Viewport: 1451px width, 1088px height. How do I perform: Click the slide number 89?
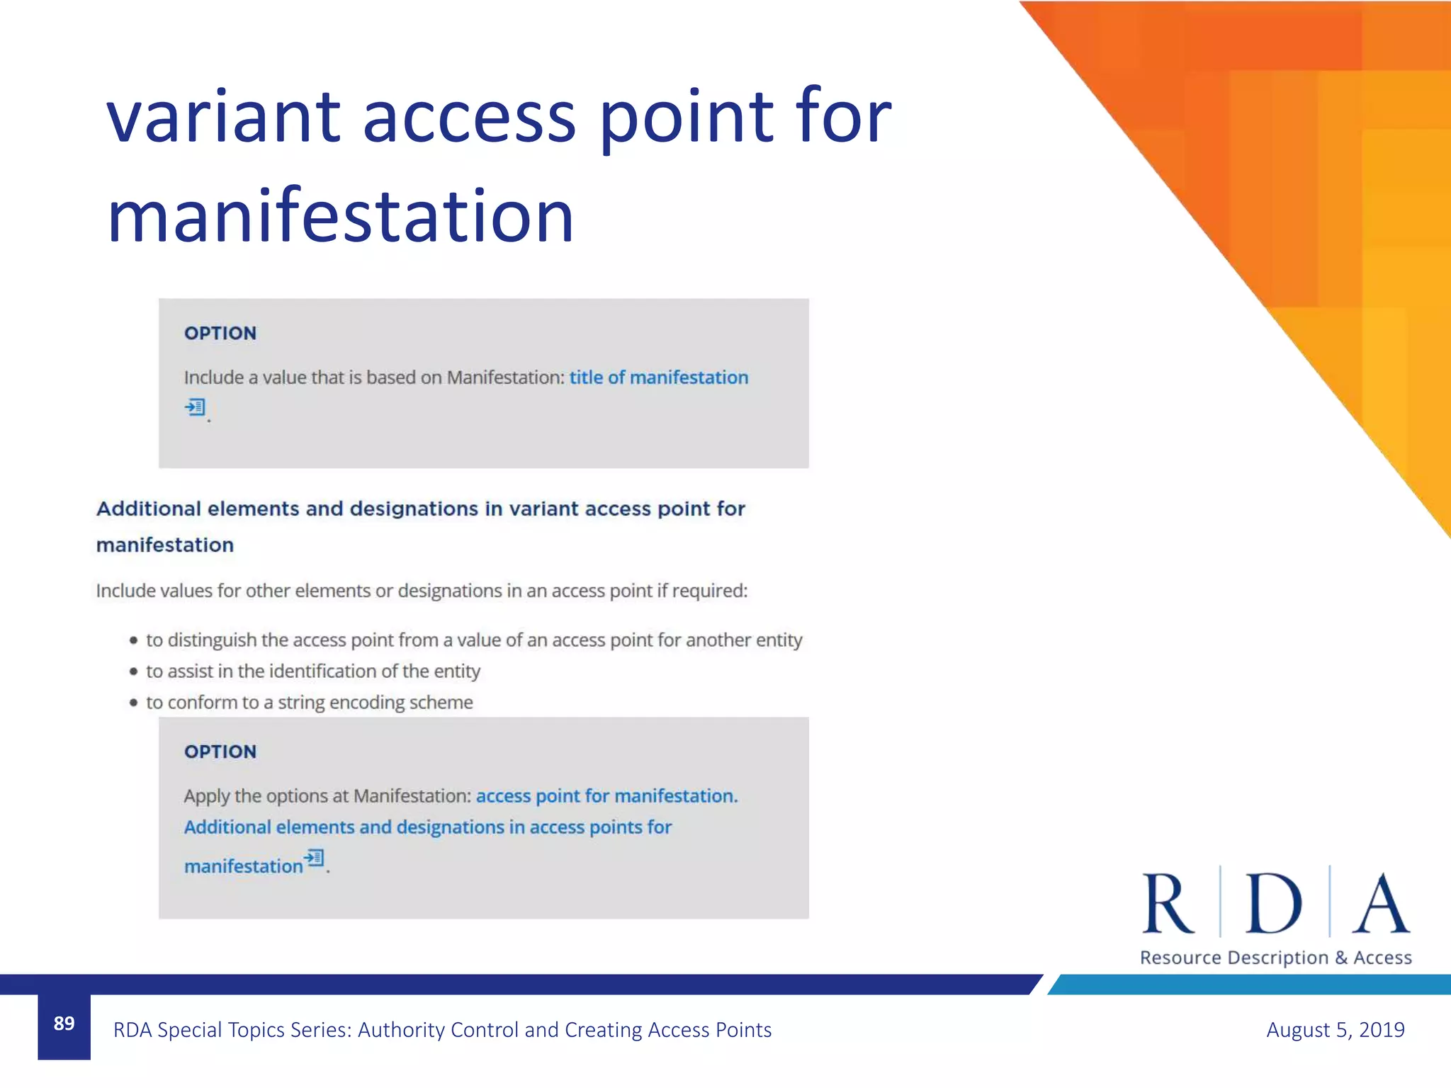point(64,1024)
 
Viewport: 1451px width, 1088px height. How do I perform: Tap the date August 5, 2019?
point(1335,1029)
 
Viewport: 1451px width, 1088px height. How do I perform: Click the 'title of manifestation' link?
point(658,378)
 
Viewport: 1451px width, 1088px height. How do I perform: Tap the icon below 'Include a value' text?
point(195,407)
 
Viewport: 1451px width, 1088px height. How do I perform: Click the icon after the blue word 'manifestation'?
point(314,858)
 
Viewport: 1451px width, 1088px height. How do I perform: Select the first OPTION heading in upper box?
point(220,334)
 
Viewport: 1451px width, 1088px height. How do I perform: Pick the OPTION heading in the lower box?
point(220,752)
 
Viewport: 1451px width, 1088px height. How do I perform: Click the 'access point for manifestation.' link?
point(606,796)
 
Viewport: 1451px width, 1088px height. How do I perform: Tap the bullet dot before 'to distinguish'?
point(133,641)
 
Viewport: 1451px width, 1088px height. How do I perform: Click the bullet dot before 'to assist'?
point(133,671)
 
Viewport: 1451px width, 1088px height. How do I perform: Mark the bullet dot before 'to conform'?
point(133,703)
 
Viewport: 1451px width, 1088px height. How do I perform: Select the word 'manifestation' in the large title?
point(340,216)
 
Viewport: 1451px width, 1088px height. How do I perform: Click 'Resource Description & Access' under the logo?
point(1275,958)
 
